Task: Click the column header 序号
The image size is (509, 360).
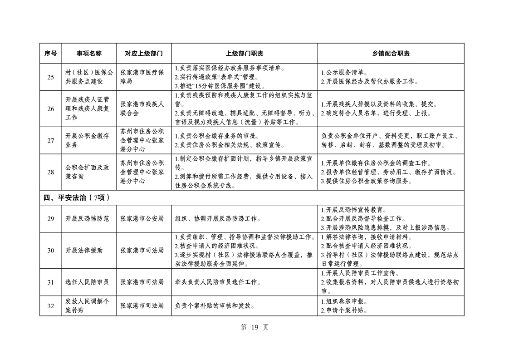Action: click(50, 53)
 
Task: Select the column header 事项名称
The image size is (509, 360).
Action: click(89, 53)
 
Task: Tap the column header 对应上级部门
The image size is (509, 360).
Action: click(143, 53)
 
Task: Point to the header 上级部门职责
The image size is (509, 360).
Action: click(245, 53)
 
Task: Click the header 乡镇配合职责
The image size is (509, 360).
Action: click(391, 53)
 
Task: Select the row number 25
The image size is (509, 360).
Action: click(50, 77)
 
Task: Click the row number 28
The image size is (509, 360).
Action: click(50, 172)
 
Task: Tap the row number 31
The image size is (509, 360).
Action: click(50, 282)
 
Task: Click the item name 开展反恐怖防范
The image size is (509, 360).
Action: click(87, 218)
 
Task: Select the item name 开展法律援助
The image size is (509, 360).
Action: click(84, 250)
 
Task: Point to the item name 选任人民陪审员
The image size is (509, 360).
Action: click(87, 282)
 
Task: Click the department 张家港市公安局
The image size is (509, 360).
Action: click(142, 218)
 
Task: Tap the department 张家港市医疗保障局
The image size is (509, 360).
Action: click(142, 77)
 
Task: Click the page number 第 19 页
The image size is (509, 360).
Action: click(254, 328)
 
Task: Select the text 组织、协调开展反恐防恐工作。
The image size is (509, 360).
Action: click(217, 218)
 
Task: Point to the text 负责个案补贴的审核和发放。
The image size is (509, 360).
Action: click(214, 306)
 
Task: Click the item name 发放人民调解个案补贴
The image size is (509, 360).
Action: click(87, 306)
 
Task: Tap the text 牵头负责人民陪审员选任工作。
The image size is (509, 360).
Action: click(217, 282)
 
